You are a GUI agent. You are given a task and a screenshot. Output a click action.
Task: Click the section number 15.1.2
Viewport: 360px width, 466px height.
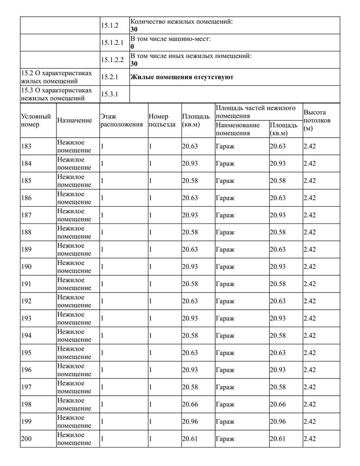tap(110, 25)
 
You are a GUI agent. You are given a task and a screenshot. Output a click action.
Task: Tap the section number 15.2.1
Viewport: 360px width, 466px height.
tap(110, 77)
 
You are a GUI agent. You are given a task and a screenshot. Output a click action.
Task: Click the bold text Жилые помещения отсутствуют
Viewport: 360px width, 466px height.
tap(182, 77)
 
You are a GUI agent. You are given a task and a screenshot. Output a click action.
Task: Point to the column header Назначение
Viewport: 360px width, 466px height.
tap(75, 120)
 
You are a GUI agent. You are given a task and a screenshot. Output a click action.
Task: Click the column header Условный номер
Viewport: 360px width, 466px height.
tap(36, 120)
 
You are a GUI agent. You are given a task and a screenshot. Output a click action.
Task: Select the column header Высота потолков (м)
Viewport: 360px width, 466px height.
tap(317, 120)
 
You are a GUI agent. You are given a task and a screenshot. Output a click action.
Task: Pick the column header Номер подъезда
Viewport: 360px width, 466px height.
tap(162, 120)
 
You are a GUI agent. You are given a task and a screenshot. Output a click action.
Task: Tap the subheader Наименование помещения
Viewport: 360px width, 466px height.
tap(238, 129)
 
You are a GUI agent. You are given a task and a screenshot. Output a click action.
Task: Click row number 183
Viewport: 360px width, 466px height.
tap(26, 146)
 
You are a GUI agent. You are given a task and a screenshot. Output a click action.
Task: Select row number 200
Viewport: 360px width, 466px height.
tap(26, 439)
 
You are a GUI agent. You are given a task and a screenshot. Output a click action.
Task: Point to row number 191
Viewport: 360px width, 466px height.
tap(26, 284)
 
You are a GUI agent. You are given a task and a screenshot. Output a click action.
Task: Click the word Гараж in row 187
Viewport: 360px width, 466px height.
tap(225, 215)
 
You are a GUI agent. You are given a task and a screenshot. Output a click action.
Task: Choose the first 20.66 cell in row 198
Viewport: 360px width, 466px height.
tap(190, 404)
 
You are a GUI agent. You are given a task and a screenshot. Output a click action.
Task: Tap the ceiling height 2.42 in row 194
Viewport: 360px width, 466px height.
tap(310, 335)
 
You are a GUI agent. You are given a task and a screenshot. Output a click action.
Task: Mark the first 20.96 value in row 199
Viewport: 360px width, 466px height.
tap(190, 422)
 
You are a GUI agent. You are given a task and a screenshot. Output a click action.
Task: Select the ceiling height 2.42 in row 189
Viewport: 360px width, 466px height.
tap(310, 249)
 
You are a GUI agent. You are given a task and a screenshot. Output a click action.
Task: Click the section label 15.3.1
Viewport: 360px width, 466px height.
tap(110, 94)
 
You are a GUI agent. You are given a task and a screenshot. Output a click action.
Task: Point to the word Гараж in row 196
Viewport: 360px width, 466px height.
tap(225, 370)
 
